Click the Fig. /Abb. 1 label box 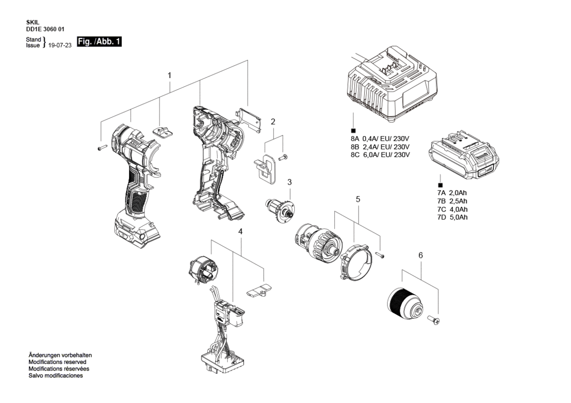click(99, 42)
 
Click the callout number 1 click(169, 75)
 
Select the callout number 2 click(273, 122)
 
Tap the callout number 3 click(290, 182)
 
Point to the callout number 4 click(240, 232)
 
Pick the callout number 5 click(358, 199)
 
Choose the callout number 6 click(421, 256)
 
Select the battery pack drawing click(463, 155)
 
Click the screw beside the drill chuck click(435, 321)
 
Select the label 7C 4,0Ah click(452, 209)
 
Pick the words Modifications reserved click(58, 362)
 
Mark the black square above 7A click(440, 185)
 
